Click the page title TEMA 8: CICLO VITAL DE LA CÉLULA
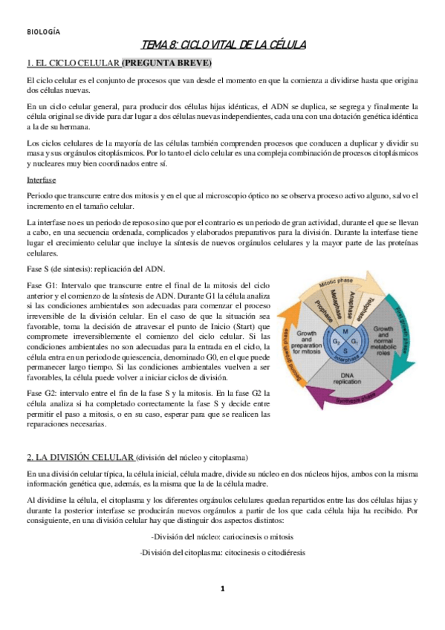pyautogui.click(x=223, y=46)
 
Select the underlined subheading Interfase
pyautogui.click(x=40, y=180)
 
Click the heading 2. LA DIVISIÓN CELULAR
pyautogui.click(x=80, y=455)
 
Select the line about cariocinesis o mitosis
pyautogui.click(x=222, y=535)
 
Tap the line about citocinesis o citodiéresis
pyautogui.click(x=222, y=552)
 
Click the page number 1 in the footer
pyautogui.click(x=222, y=588)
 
